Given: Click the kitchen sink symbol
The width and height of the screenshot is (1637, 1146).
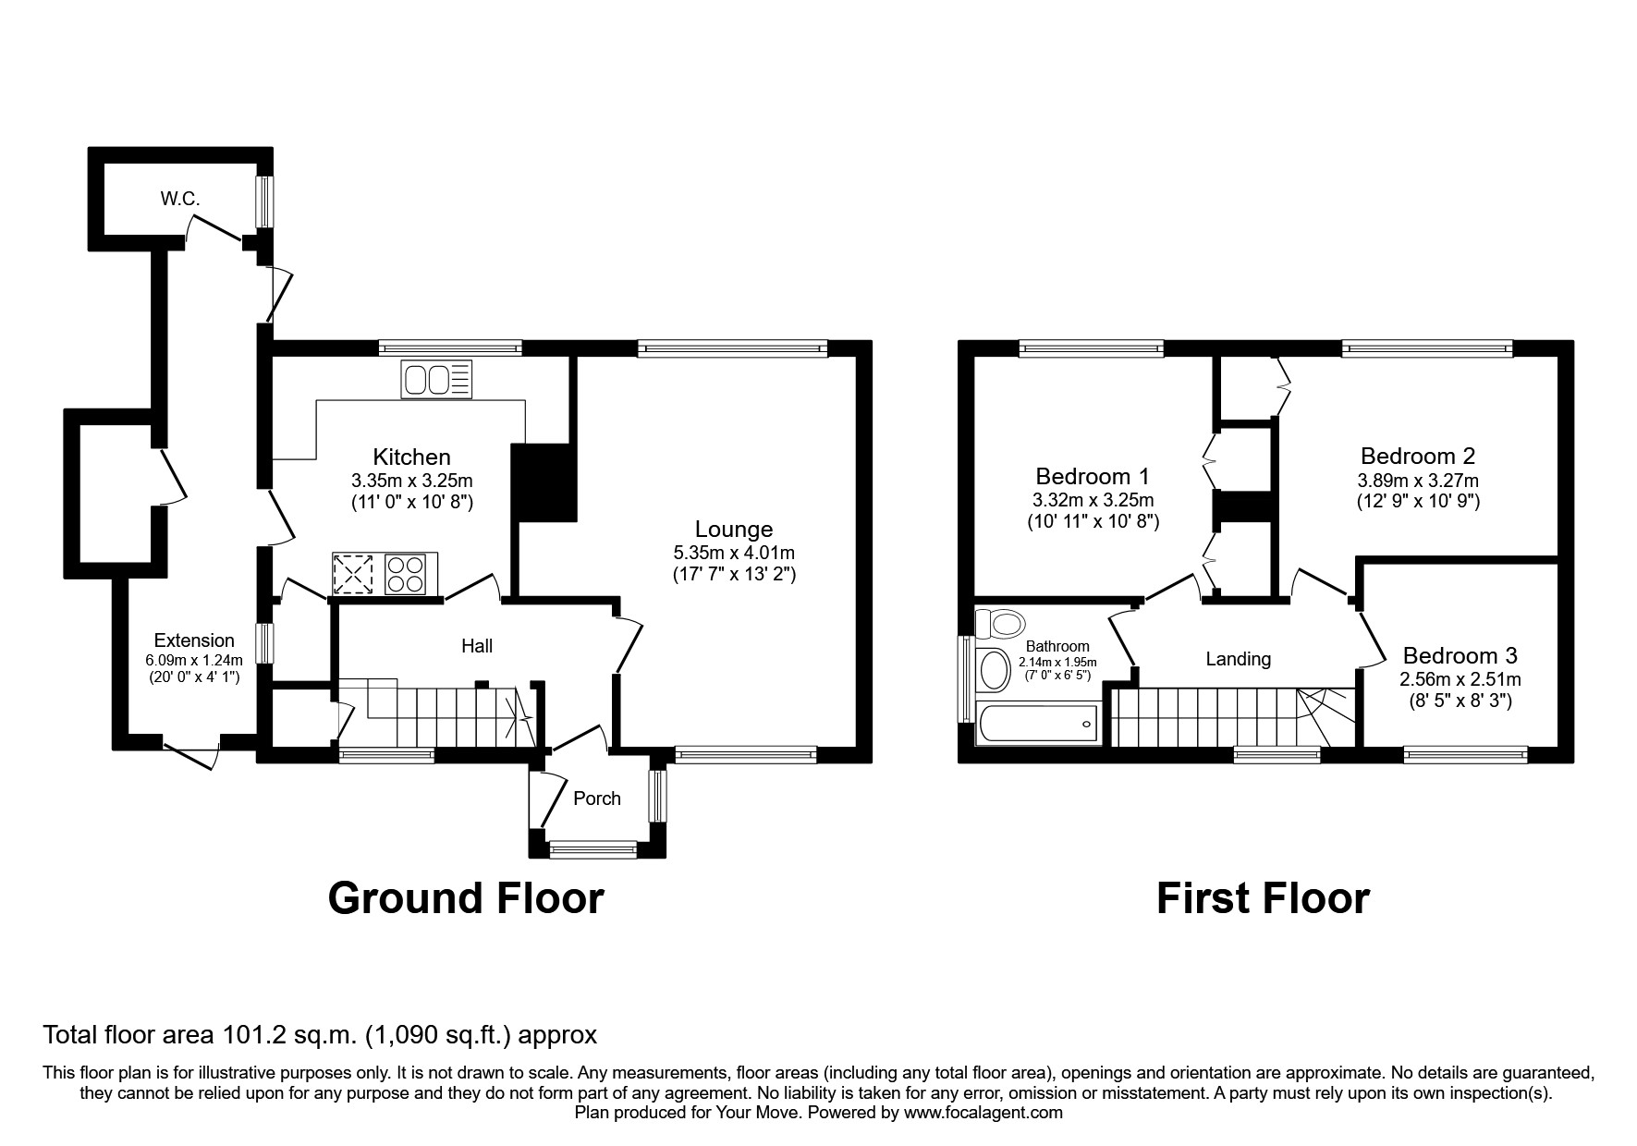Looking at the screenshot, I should coord(436,380).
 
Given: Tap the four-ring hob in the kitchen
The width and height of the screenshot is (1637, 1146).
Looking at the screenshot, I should coord(407,573).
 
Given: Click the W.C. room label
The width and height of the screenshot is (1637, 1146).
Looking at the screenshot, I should coord(179,199).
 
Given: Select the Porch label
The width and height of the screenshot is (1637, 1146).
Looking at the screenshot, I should coord(597,799).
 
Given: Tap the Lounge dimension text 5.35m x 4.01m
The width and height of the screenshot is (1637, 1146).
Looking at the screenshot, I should coord(734,553).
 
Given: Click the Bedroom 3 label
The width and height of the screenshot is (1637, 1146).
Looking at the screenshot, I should coord(1460,656).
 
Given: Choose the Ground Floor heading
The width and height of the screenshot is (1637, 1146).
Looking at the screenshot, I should coord(466,898).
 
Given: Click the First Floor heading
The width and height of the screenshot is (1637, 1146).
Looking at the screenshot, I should coord(1263,898).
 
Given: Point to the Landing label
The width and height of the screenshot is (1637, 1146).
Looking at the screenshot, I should coord(1238,659).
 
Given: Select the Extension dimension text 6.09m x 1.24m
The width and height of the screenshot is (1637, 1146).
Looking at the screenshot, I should coord(194,660).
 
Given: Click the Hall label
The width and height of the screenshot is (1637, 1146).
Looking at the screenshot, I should coord(477,646).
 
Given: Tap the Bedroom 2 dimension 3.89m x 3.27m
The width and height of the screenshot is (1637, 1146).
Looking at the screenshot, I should coord(1417,481).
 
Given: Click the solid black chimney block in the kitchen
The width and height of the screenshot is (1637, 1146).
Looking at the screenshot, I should coord(544,482).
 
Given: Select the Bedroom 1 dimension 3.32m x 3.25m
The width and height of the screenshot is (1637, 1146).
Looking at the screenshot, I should coord(1093,501).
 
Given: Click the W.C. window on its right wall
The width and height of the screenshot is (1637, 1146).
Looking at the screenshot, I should coord(264,201).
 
